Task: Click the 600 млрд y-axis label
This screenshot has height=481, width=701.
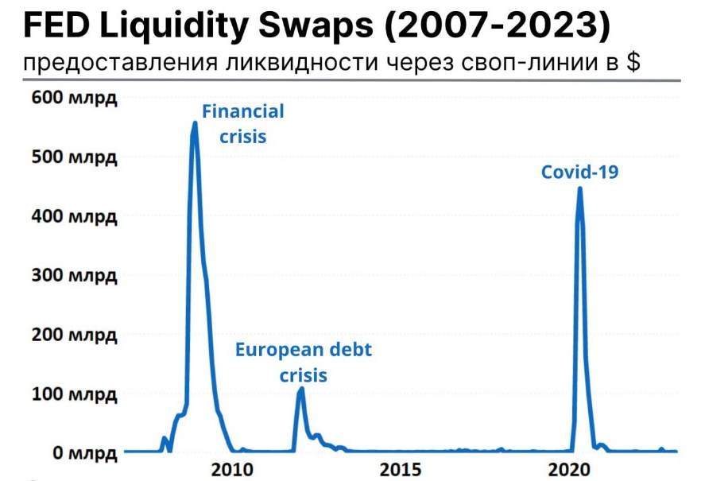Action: [74, 99]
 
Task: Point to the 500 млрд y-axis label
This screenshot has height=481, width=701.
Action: [74, 157]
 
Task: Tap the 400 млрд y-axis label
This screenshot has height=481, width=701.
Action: [74, 216]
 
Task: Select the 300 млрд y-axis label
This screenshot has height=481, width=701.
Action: [74, 276]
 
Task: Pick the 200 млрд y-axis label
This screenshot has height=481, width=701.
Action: [74, 335]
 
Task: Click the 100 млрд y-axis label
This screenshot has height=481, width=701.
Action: [74, 394]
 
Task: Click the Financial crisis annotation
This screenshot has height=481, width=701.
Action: [242, 124]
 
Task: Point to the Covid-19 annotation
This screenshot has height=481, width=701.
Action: [579, 172]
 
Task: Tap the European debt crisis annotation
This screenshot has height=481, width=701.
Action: [303, 362]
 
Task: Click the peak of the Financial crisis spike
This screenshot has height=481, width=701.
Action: [195, 122]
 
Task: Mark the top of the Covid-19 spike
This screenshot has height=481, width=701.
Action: [579, 189]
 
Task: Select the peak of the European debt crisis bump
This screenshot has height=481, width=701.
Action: [300, 389]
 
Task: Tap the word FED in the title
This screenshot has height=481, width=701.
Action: [52, 27]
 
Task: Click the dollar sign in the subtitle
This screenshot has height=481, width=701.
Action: [633, 62]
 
